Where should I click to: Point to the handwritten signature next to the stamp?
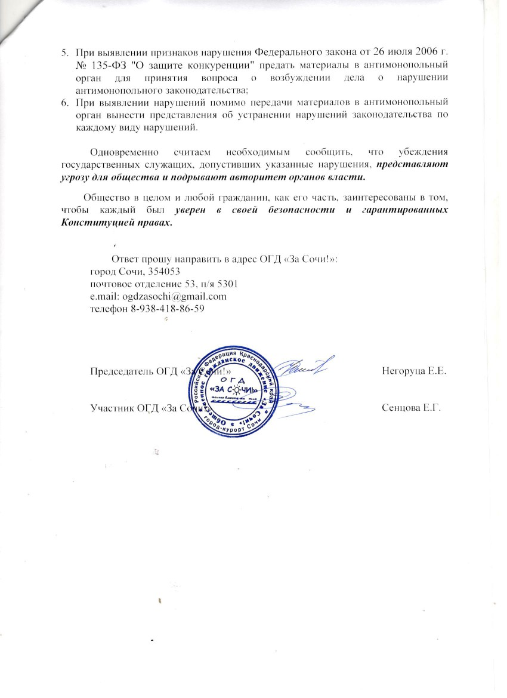[x=304, y=370]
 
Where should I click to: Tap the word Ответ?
[x=125, y=260]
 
